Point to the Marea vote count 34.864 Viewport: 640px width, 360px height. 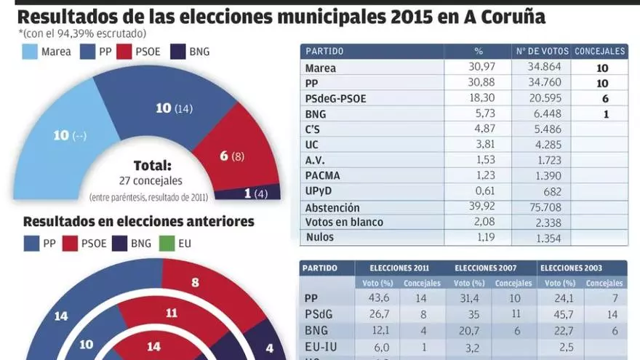coord(534,68)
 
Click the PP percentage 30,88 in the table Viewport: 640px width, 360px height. coord(479,84)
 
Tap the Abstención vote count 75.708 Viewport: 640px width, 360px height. coord(534,207)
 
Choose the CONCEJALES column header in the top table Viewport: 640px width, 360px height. coord(599,52)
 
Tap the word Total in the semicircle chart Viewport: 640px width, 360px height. coord(152,165)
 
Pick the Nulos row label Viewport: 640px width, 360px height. coord(320,237)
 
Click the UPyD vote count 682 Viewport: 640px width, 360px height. coord(534,191)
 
